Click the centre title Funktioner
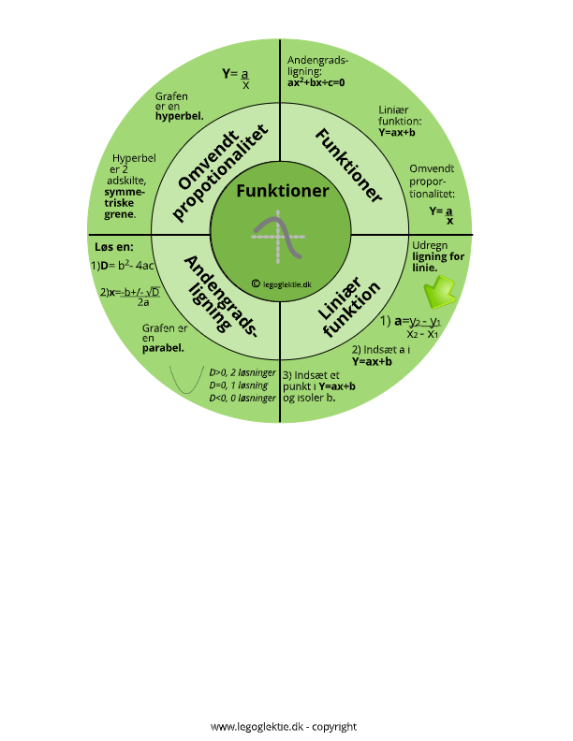(282, 191)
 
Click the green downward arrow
(439, 293)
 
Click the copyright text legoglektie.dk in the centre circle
(282, 284)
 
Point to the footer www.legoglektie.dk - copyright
(284, 726)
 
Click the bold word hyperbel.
(179, 116)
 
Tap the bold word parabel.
(163, 348)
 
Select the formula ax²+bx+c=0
(316, 82)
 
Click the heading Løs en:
(114, 247)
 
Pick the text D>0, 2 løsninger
(242, 372)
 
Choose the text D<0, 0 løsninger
(242, 398)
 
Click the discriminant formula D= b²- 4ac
(123, 265)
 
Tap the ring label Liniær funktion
(349, 306)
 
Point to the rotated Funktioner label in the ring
(348, 166)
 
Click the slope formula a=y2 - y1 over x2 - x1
(410, 327)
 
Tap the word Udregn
(430, 246)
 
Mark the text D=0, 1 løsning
(239, 385)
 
